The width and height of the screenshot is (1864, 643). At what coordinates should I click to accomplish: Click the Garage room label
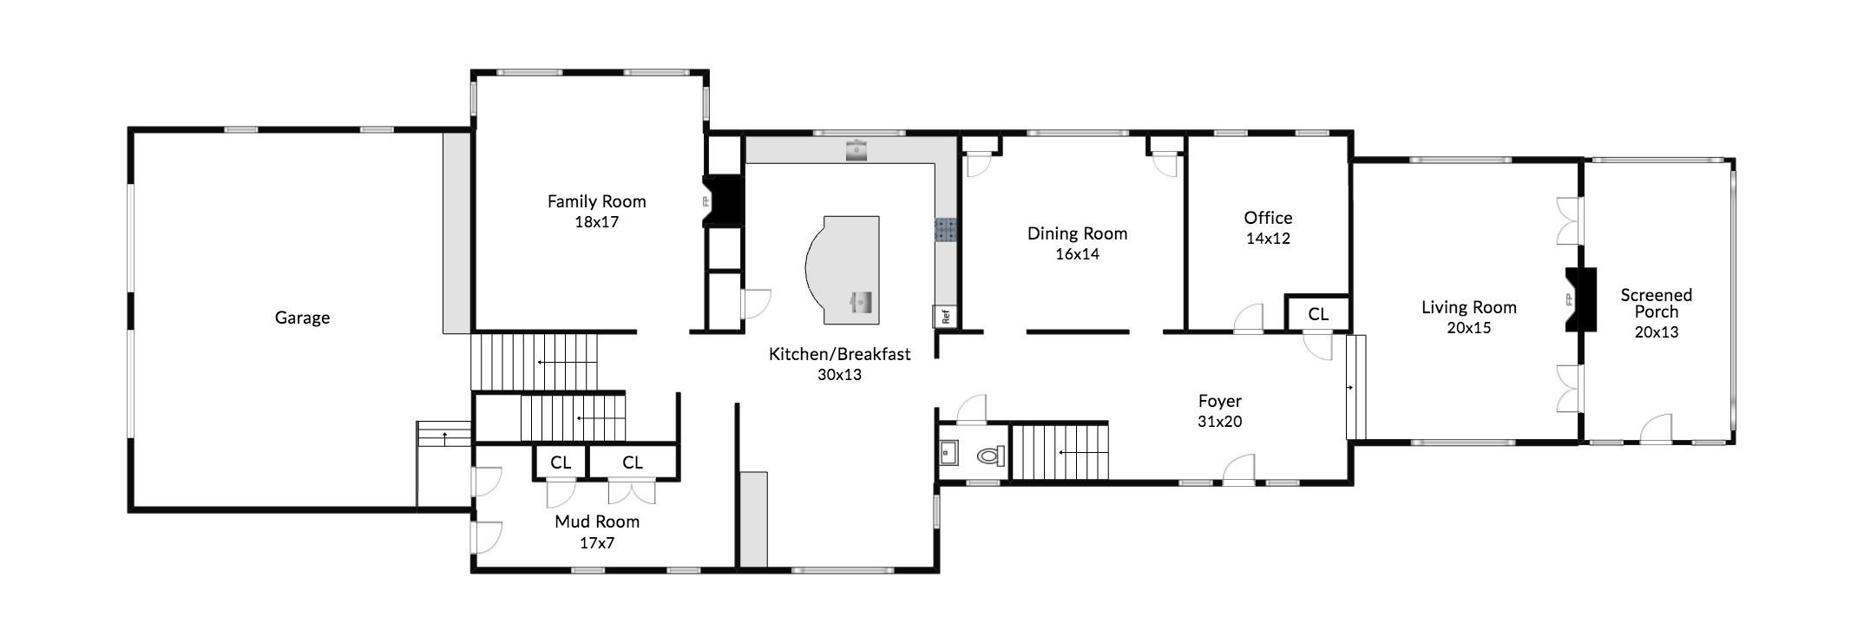[302, 318]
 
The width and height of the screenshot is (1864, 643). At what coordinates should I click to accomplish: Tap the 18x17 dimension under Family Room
[596, 222]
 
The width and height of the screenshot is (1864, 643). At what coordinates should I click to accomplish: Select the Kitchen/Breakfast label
[839, 354]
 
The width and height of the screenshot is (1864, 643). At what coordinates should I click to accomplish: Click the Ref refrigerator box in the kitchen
[945, 316]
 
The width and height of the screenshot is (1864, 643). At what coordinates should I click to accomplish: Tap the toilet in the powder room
[990, 455]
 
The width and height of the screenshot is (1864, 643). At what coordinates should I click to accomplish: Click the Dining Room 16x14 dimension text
[1077, 254]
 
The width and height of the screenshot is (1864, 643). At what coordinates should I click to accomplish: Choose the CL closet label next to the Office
[1317, 314]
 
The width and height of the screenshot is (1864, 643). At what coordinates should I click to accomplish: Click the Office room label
[1268, 218]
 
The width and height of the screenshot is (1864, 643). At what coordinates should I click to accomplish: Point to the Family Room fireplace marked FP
[723, 201]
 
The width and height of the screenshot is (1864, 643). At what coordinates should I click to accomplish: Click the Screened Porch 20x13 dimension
[1656, 332]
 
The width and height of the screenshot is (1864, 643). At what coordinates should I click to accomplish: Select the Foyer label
[1219, 401]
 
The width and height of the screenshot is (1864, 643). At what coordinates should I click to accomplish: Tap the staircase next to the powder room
[1060, 451]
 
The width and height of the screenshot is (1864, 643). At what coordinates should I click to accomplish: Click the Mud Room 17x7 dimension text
[596, 543]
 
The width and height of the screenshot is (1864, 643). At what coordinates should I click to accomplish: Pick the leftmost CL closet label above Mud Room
[561, 463]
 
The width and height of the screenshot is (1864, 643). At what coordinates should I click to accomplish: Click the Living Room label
[1468, 307]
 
